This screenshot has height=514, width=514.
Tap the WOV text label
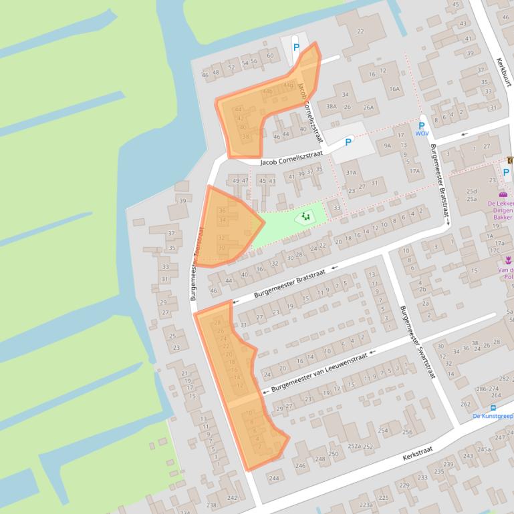tap(422, 134)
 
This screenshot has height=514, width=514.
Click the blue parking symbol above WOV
tap(422, 125)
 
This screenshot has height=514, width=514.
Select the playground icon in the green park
tap(306, 216)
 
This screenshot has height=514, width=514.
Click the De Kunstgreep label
tap(493, 416)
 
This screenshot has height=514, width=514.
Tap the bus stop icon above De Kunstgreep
tap(493, 407)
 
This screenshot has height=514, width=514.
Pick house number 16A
tap(394, 88)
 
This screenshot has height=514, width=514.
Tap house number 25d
tap(472, 192)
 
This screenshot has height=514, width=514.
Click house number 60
tap(269, 55)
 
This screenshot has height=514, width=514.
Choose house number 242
tap(232, 498)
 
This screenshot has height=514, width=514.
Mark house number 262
tap(466, 404)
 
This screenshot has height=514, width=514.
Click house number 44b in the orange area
tap(267, 91)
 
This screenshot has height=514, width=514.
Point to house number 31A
tap(351, 172)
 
